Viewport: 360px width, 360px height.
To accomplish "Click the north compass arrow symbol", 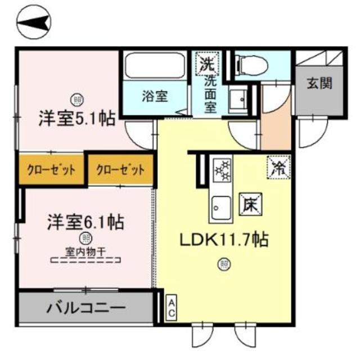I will tap(33, 23).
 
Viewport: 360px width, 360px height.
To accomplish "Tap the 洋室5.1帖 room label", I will tap(77, 118).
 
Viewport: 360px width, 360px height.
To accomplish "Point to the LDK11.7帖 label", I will tap(223, 241).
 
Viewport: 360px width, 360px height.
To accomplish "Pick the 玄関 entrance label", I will tap(319, 84).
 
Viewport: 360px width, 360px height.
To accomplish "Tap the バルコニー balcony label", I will tap(85, 308).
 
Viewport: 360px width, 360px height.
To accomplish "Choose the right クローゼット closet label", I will tap(120, 169).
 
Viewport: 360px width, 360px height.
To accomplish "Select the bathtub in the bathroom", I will tap(155, 66).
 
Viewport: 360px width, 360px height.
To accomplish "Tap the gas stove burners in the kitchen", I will tap(222, 169).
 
